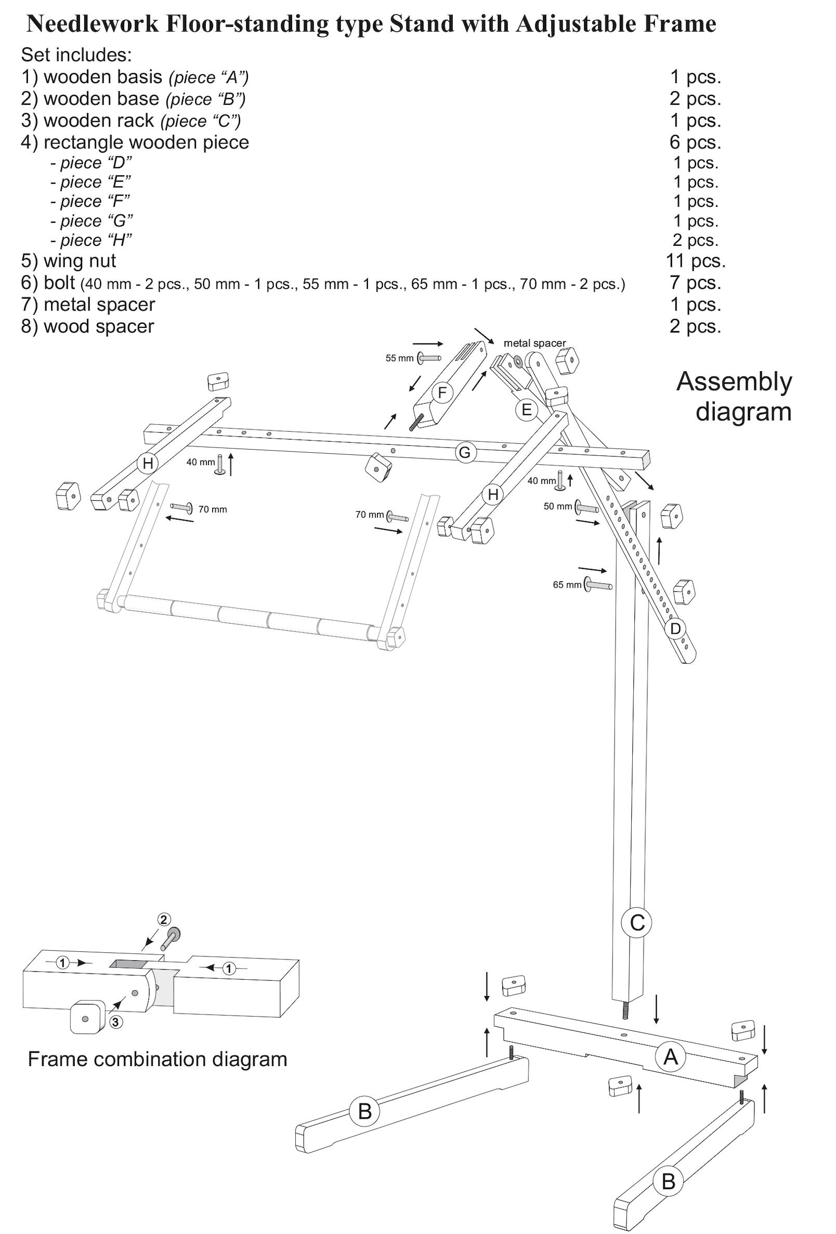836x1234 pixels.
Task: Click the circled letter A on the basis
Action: coord(670,1057)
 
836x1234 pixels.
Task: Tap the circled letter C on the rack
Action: coord(636,922)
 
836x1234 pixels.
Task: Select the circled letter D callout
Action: coord(675,629)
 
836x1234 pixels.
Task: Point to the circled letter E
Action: coord(526,410)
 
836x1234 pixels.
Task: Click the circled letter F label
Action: coord(442,393)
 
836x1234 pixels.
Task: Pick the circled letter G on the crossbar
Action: coord(464,452)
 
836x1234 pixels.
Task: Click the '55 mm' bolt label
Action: coord(399,359)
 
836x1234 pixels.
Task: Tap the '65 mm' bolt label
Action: coord(566,584)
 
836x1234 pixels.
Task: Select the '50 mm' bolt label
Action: coord(557,506)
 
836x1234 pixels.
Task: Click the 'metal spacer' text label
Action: coord(534,343)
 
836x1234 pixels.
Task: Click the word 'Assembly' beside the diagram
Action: coord(734,381)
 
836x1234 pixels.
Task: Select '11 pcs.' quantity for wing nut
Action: coord(696,261)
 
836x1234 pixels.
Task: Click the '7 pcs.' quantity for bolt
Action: coord(695,283)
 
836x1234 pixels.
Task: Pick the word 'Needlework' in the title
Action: coord(93,23)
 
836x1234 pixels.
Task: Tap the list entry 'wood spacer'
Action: coord(98,326)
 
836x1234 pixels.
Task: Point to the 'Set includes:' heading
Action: coord(76,54)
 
